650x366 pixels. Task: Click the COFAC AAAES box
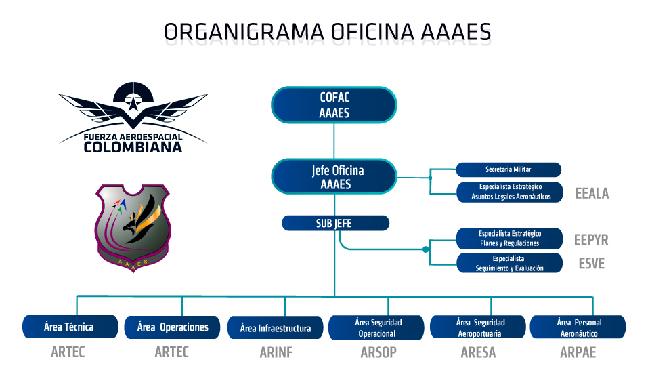pos(334,105)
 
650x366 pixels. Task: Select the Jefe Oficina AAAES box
pos(334,176)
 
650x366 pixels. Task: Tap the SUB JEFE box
pos(335,223)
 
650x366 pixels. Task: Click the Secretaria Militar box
pos(508,169)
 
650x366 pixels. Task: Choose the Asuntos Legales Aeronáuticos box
pos(508,191)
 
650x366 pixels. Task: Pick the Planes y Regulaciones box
pos(509,239)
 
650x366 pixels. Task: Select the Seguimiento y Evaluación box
pos(509,263)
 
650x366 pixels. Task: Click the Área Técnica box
pos(68,327)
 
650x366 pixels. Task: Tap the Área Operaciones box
pos(172,327)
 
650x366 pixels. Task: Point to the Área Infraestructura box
pos(275,328)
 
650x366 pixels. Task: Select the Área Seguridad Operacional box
pos(376,327)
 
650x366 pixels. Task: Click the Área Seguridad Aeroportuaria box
pos(478,327)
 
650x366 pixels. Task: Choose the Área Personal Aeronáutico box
pos(578,327)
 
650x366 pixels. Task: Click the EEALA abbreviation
pos(591,193)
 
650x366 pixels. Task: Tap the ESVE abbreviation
pos(591,264)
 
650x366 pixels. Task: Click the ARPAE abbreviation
pos(578,352)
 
